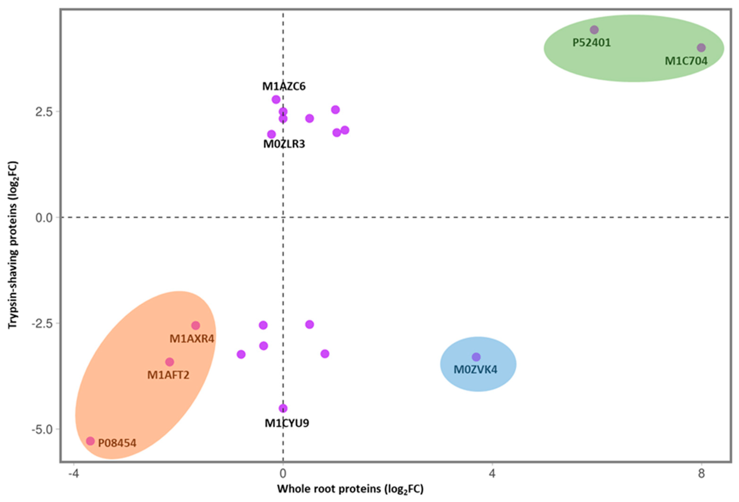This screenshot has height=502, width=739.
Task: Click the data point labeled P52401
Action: tap(594, 30)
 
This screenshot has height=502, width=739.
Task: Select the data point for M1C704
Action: tap(701, 48)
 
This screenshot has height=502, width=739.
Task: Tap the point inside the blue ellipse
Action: tap(476, 357)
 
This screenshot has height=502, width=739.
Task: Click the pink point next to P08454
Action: tap(91, 441)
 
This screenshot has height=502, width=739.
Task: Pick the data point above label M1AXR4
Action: tap(196, 326)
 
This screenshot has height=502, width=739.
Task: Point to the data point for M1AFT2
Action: tap(170, 362)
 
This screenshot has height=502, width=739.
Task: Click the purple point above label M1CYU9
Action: tap(283, 408)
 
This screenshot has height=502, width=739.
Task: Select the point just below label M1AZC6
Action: tap(276, 99)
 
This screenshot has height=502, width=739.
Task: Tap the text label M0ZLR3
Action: tap(284, 144)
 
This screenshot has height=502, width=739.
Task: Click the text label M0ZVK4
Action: tap(475, 370)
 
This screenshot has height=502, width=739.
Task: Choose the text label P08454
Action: tap(117, 443)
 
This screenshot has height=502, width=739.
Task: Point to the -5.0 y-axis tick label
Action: tap(42, 429)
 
